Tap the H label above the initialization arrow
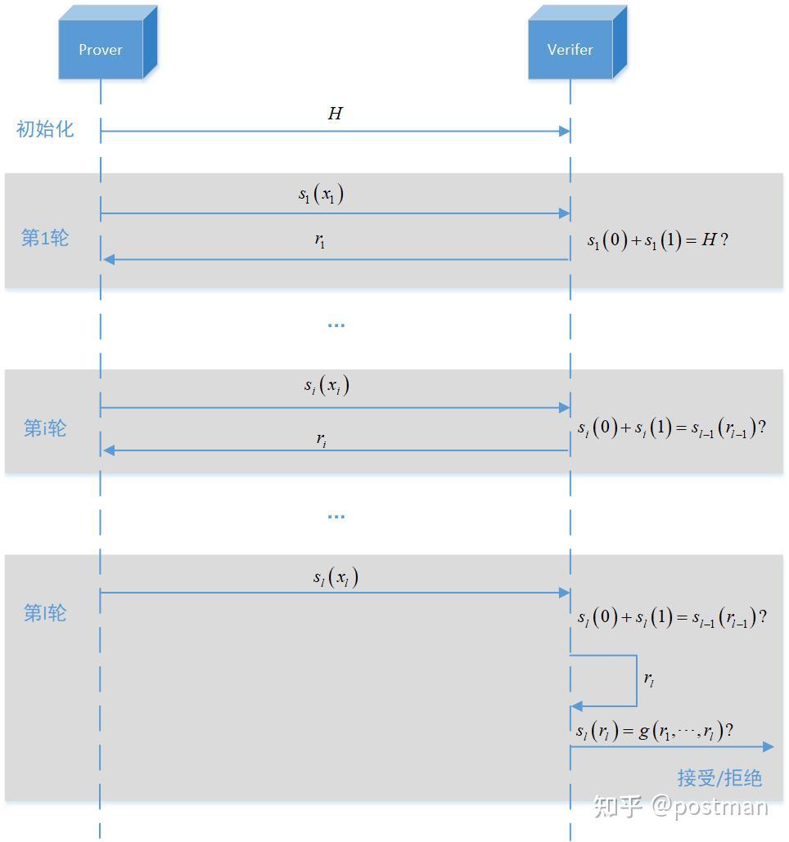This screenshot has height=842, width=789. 335,114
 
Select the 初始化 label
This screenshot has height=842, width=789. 45,129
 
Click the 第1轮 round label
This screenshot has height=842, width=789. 45,238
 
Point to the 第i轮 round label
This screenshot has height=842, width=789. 45,428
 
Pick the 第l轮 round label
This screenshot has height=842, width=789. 45,612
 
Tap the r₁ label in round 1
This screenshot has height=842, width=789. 321,240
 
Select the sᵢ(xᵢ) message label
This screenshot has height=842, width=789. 327,386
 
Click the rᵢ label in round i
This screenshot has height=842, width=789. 322,439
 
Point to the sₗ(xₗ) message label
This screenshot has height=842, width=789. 336,578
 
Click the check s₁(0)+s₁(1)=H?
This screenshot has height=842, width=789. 657,240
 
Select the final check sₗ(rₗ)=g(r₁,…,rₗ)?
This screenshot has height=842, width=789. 655,732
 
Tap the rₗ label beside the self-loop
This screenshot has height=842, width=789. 649,679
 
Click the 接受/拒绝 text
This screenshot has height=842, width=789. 719,777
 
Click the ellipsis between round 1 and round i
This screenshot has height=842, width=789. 336,325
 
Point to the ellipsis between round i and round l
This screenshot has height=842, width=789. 336,517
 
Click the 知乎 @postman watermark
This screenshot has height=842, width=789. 681,807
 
